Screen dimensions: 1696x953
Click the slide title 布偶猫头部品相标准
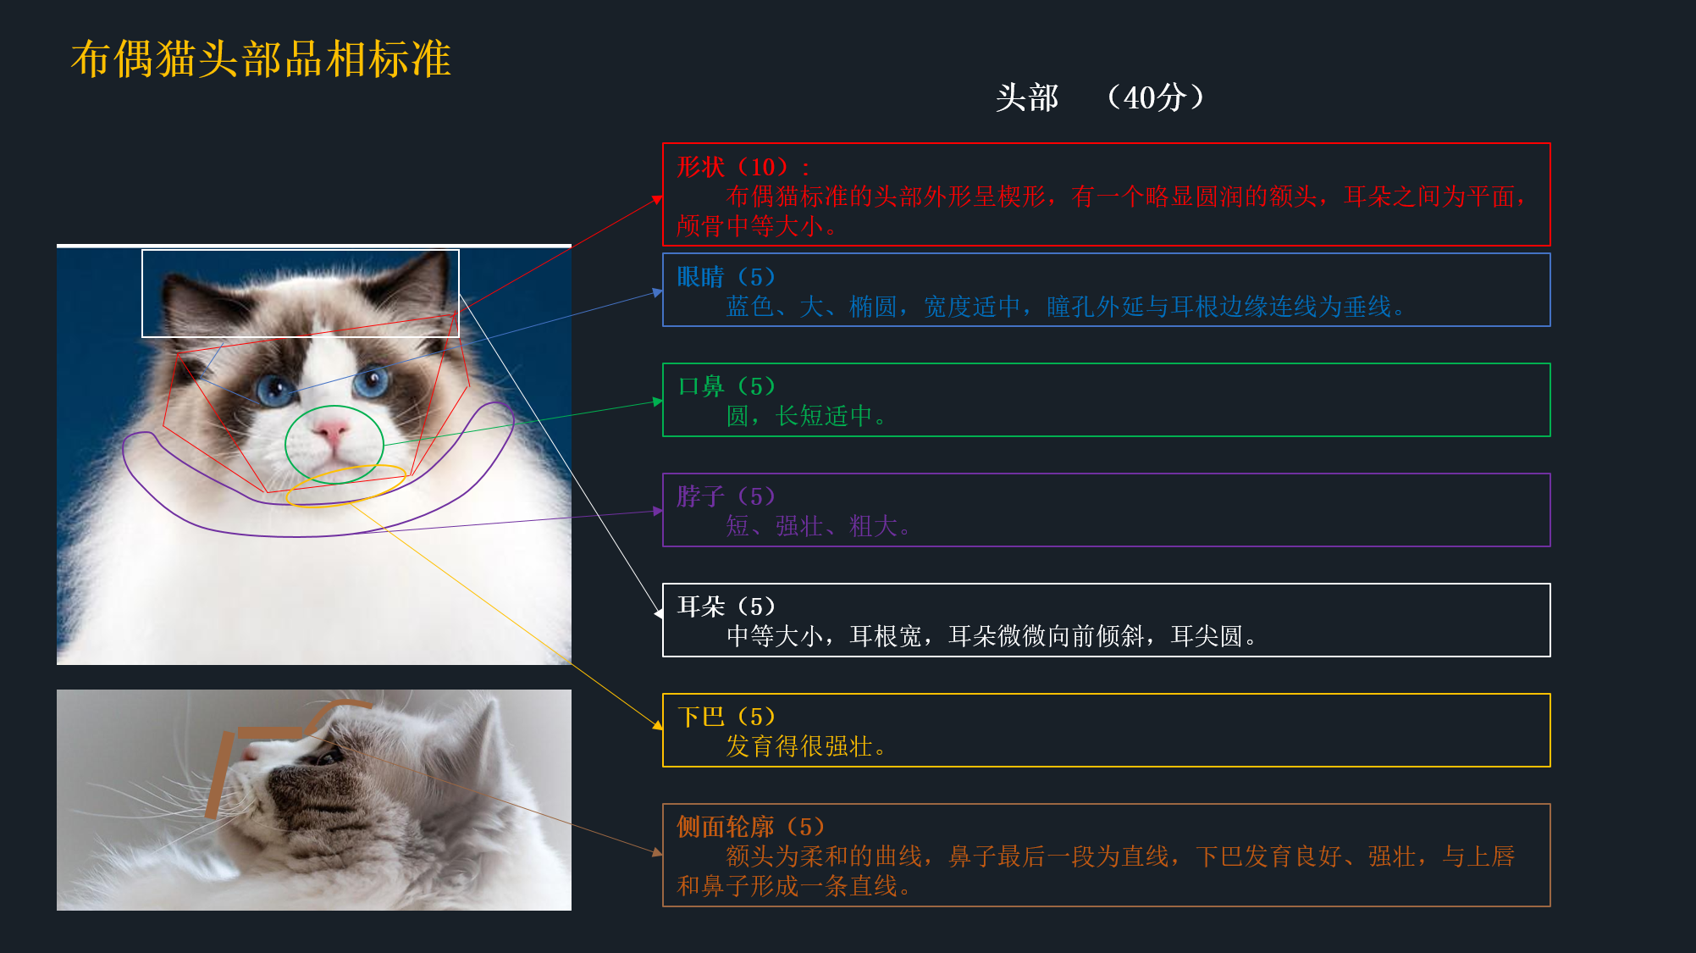click(x=261, y=59)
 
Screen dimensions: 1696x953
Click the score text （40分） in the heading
click(x=1155, y=97)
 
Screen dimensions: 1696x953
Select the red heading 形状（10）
click(x=733, y=167)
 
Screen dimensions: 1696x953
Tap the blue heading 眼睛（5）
click(x=726, y=277)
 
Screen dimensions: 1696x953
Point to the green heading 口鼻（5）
click(x=726, y=386)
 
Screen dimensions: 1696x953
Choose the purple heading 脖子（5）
click(x=726, y=496)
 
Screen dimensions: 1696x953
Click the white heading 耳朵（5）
click(x=726, y=607)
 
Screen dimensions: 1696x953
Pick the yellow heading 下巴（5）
click(x=726, y=717)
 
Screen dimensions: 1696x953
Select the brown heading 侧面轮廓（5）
click(x=751, y=827)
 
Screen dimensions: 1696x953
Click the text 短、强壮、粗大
click(x=811, y=526)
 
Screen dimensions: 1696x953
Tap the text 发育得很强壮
click(x=799, y=746)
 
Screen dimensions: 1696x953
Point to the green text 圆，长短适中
click(x=799, y=416)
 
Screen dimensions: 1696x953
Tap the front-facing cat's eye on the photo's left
click(x=274, y=390)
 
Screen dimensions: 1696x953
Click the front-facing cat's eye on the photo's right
click(x=370, y=383)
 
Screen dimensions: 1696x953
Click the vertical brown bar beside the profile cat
click(x=218, y=775)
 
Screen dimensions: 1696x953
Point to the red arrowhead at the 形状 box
click(x=657, y=200)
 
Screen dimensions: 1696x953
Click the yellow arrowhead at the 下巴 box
click(x=658, y=724)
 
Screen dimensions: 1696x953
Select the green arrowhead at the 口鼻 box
click(x=658, y=402)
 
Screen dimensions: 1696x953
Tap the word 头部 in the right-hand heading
click(x=1027, y=97)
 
